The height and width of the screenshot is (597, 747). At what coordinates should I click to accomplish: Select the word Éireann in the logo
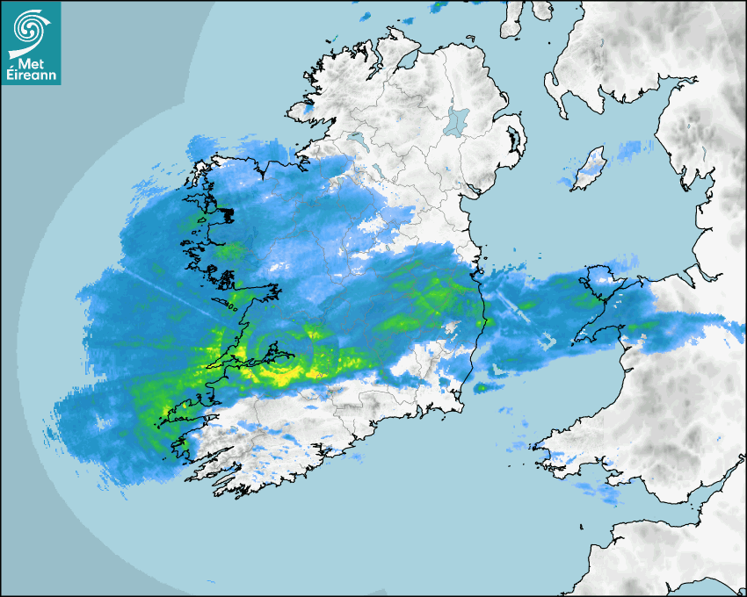pos(31,76)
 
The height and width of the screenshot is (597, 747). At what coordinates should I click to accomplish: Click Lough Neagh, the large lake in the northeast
pos(457,120)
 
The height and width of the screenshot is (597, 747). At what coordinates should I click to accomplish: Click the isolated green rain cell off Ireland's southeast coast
pos(481,387)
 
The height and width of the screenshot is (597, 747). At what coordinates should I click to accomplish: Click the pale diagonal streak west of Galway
pos(167,294)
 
